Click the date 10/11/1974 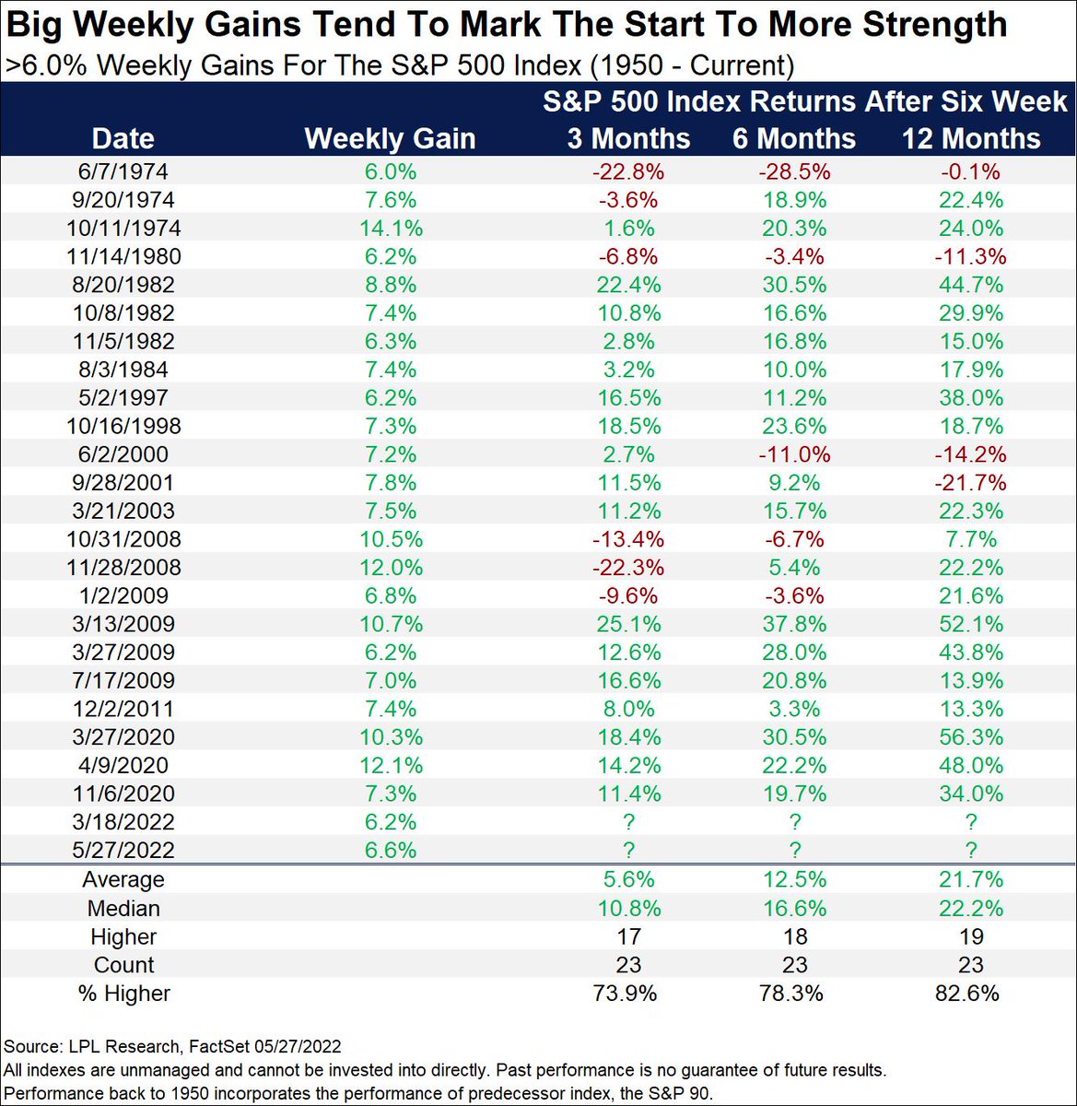pyautogui.click(x=123, y=229)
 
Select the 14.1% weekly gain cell pyautogui.click(x=391, y=229)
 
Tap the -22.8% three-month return pyautogui.click(x=627, y=172)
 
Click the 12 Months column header pyautogui.click(x=970, y=138)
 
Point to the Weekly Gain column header pyautogui.click(x=390, y=138)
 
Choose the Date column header pyautogui.click(x=123, y=138)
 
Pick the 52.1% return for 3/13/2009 pyautogui.click(x=970, y=624)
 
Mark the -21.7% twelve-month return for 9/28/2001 pyautogui.click(x=970, y=483)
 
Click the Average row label pyautogui.click(x=123, y=880)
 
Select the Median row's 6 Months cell pyautogui.click(x=794, y=909)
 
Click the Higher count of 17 pyautogui.click(x=627, y=937)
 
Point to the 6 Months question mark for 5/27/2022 pyautogui.click(x=794, y=851)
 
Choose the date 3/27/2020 pyautogui.click(x=123, y=737)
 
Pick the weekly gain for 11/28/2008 pyautogui.click(x=391, y=568)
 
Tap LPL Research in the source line pyautogui.click(x=124, y=1046)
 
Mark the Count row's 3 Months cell pyautogui.click(x=627, y=965)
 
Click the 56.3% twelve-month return pyautogui.click(x=970, y=737)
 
